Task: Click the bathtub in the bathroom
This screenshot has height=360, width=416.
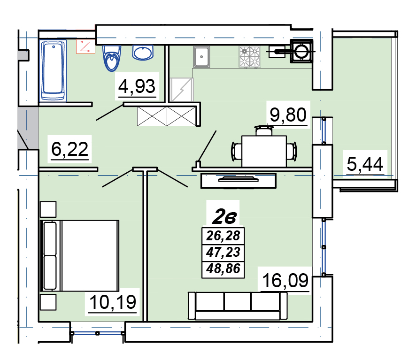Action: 53,71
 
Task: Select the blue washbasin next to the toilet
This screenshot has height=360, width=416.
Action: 143,52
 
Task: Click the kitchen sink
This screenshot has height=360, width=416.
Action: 201,56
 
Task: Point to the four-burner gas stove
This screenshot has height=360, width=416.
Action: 250,56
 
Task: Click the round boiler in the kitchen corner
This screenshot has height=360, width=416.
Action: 301,51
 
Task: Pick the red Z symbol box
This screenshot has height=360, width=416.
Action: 85,46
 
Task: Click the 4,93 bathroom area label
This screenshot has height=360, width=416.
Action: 137,86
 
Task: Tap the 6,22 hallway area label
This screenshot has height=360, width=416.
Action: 69,149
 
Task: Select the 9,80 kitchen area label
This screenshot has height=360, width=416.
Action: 288,115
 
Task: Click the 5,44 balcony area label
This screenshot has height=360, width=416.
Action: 365,164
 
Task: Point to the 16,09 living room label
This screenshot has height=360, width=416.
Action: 285,280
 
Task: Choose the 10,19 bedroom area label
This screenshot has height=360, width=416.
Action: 113,302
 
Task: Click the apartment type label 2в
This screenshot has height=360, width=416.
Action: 224,217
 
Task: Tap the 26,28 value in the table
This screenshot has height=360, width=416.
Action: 223,236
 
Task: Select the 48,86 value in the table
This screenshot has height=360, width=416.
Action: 223,269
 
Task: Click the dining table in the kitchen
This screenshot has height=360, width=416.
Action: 264,151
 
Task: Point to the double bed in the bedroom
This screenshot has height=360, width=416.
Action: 79,255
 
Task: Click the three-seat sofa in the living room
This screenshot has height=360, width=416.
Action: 238,306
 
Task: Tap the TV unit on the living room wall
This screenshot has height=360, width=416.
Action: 238,181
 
